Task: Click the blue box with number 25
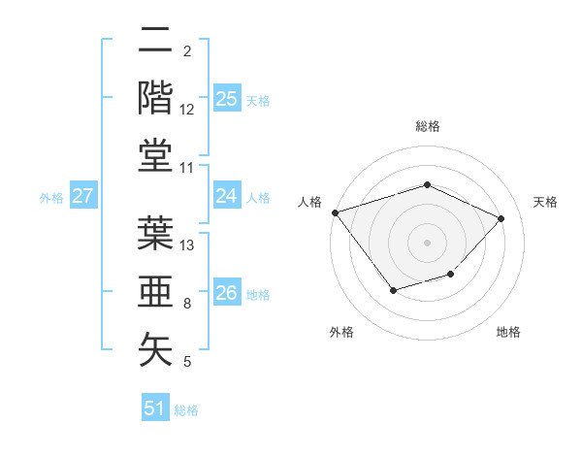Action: tap(227, 99)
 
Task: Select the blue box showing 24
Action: tap(227, 196)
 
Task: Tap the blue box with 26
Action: tap(227, 292)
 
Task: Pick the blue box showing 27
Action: tap(82, 196)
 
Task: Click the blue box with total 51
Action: tap(155, 408)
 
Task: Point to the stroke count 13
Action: tap(188, 244)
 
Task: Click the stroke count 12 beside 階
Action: tap(188, 110)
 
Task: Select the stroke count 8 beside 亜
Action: tap(187, 304)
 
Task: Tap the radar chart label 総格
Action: tap(427, 126)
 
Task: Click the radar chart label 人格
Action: tap(309, 202)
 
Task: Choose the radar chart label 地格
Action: tap(508, 332)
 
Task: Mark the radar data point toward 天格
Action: tap(501, 218)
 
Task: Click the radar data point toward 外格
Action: tap(393, 289)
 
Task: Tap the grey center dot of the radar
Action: tap(427, 242)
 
